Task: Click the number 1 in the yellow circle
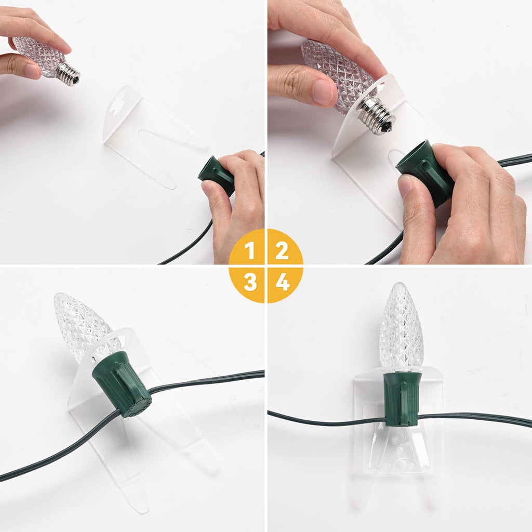click(250, 250)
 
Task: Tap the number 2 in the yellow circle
click(282, 250)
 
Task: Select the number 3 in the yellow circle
click(250, 282)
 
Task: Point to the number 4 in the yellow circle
click(283, 282)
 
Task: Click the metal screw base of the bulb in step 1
click(68, 74)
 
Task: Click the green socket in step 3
click(122, 384)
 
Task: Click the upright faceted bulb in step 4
click(402, 326)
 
